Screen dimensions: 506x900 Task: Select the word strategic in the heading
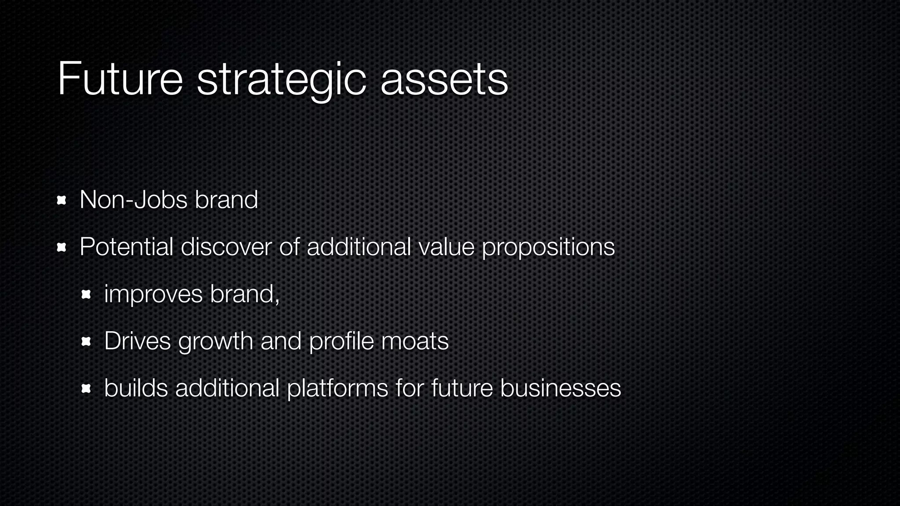[281, 80]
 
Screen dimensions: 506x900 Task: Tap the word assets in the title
[444, 80]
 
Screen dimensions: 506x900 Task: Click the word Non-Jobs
[134, 200]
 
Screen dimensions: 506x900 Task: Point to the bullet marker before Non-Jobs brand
[62, 201]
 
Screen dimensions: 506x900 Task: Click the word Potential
[127, 247]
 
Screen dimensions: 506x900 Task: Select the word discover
[226, 247]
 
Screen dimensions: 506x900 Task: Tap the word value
[446, 247]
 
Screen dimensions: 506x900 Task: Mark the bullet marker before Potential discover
[62, 248]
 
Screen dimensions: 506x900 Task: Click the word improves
[153, 294]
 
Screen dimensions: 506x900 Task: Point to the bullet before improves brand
[86, 295]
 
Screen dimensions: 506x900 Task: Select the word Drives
[138, 341]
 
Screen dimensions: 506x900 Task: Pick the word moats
[415, 341]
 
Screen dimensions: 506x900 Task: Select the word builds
[136, 388]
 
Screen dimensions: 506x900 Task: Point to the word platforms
[337, 388]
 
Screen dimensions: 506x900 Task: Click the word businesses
[560, 388]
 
